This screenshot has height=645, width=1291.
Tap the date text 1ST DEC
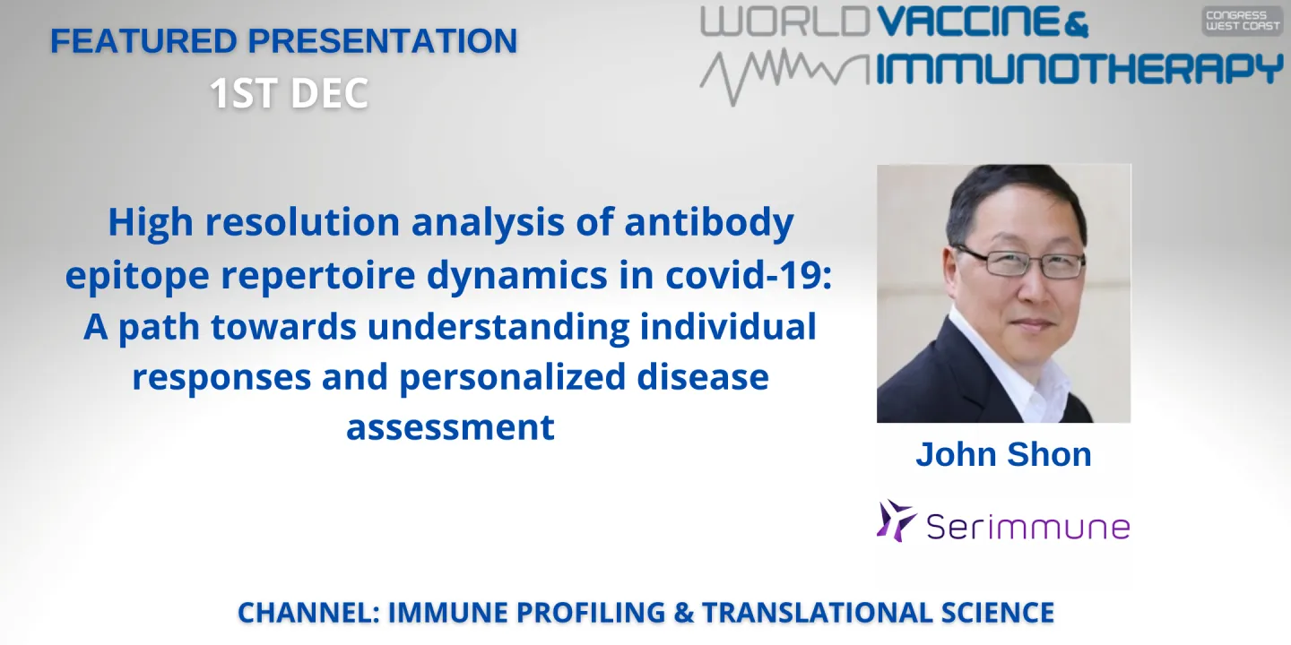click(290, 93)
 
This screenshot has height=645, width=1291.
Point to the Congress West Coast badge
click(1242, 21)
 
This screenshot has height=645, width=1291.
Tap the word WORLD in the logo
click(785, 22)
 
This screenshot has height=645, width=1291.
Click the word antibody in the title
click(709, 223)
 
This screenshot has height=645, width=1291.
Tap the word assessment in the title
click(450, 427)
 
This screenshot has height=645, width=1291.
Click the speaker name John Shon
click(1003, 454)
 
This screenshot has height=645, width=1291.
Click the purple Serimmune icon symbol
click(896, 520)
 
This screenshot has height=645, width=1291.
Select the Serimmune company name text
click(1027, 526)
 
